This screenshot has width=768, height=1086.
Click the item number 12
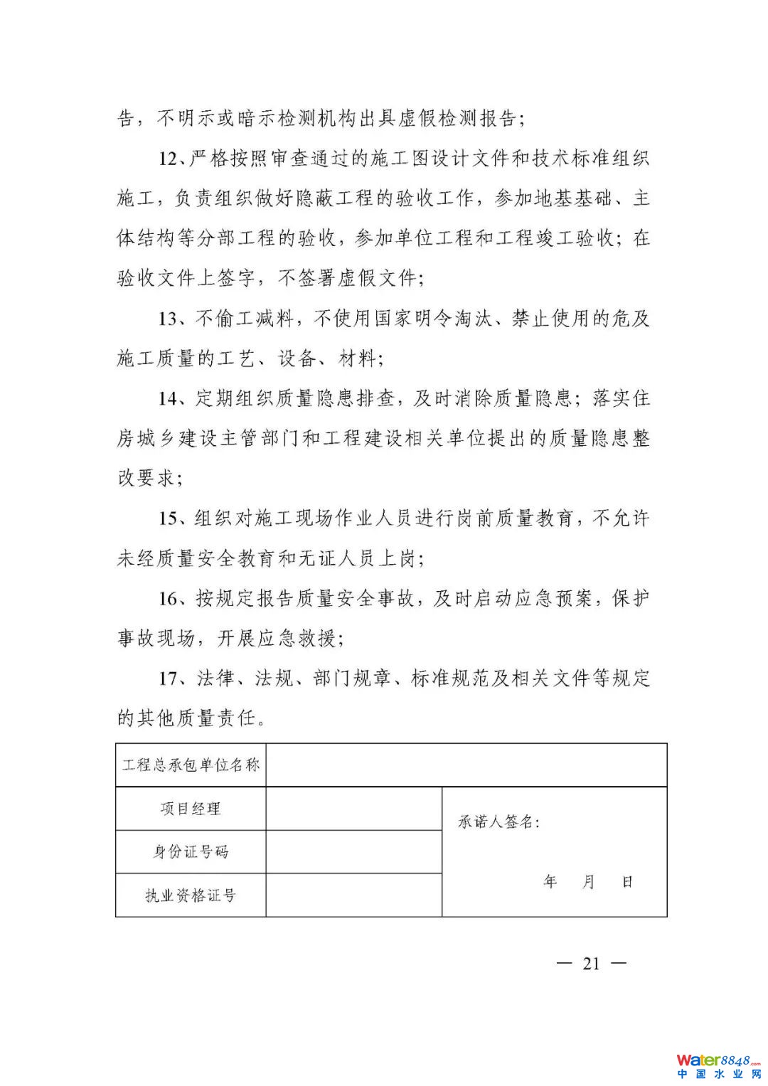[171, 159]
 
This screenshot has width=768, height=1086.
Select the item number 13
[171, 319]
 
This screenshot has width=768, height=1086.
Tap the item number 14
[171, 398]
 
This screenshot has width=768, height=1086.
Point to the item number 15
[171, 518]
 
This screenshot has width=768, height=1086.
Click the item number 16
[171, 599]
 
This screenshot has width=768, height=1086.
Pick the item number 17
[171, 678]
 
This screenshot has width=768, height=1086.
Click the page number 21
[591, 964]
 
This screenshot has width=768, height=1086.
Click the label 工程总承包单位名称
[191, 765]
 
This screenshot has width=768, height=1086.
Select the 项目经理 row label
[191, 809]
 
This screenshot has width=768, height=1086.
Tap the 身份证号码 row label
[191, 852]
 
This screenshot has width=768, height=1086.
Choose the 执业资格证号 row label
[191, 895]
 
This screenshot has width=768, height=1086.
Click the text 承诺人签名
[498, 822]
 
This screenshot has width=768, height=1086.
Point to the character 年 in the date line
[550, 882]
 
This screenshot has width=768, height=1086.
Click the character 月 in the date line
[589, 882]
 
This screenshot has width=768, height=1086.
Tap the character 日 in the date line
[627, 882]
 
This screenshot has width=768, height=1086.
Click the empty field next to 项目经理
[353, 809]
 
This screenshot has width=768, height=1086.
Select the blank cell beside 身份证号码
[353, 852]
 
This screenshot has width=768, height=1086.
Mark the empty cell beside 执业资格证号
[353, 895]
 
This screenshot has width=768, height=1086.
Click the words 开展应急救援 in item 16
[279, 639]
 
